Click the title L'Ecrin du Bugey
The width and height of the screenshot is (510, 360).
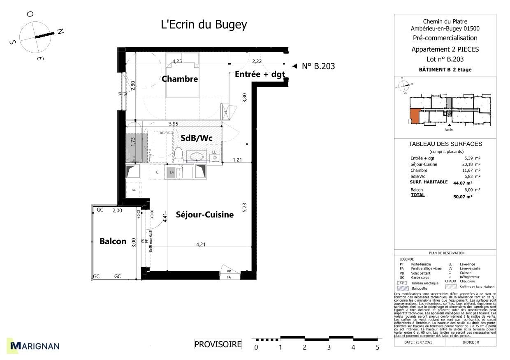click(204, 25)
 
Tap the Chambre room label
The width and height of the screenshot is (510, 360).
click(180, 79)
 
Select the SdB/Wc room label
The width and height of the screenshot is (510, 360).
click(196, 138)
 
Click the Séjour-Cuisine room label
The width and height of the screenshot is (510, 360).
click(204, 215)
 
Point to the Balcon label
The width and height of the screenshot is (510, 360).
click(113, 241)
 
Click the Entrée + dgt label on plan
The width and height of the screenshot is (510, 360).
click(260, 74)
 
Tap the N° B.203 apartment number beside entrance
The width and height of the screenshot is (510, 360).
click(318, 66)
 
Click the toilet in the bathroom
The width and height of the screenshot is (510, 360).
click(178, 154)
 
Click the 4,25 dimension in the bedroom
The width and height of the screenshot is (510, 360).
click(177, 61)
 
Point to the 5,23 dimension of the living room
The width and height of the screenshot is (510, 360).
click(244, 208)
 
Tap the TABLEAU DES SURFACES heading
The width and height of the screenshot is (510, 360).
click(445, 144)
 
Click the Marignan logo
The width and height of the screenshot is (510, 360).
click(35, 346)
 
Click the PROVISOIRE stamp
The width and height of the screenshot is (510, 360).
click(218, 344)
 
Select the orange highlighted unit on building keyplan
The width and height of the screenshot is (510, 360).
click(414, 115)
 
